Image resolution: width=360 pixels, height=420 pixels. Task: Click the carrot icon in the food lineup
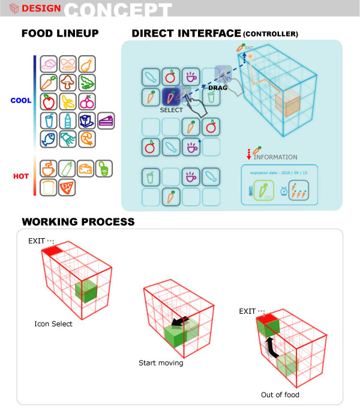[49, 83]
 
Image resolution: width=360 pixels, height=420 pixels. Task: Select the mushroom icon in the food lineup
[68, 83]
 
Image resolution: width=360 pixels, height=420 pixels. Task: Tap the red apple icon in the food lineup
[49, 101]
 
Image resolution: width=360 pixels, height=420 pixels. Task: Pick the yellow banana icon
[68, 101]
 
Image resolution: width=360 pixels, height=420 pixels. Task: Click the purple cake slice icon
[106, 121]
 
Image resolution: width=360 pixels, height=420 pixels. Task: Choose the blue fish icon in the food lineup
[49, 139]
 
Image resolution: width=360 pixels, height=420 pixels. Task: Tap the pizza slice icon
[68, 187]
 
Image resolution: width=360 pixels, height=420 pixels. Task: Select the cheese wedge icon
[87, 169]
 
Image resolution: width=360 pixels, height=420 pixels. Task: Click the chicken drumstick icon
[87, 64]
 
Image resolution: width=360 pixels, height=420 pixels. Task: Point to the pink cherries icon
[87, 101]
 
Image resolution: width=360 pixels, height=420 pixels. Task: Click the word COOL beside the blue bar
[20, 101]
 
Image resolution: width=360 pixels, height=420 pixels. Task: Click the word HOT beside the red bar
[22, 176]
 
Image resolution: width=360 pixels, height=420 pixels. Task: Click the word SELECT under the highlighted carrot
[171, 110]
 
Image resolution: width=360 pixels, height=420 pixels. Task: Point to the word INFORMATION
[275, 157]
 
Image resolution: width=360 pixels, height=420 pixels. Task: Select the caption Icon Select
[53, 324]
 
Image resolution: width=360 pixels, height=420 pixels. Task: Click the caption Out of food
[280, 394]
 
